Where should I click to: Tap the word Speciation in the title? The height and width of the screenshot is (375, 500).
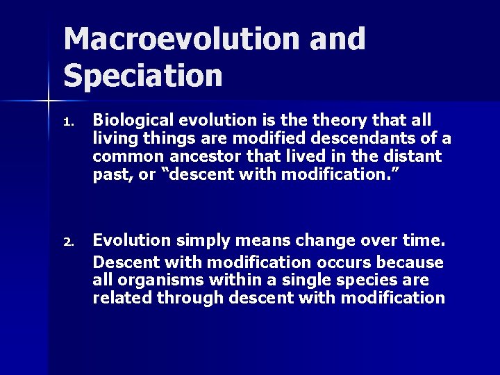(x=143, y=75)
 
